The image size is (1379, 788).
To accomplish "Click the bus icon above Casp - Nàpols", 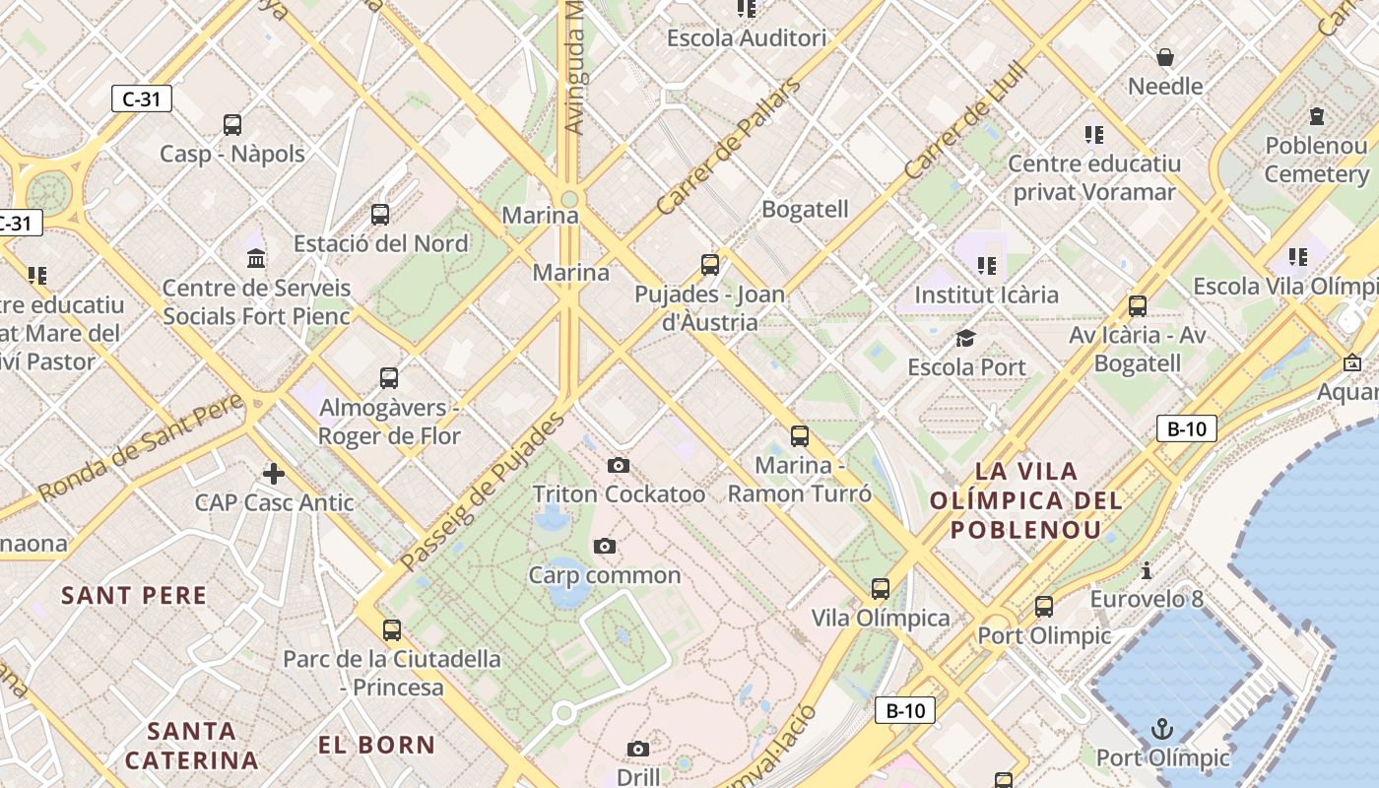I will tap(232, 125).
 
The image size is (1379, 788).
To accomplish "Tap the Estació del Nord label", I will tap(380, 243).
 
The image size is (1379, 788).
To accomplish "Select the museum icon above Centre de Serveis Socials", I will tap(256, 259).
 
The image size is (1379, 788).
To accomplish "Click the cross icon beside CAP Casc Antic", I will tap(274, 474).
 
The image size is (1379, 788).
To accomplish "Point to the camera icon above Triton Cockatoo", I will tap(619, 465).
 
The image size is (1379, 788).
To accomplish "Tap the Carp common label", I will tap(605, 574).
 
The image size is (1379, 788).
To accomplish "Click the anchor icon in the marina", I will tap(1163, 729).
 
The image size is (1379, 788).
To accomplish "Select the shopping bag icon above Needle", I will tap(1165, 57).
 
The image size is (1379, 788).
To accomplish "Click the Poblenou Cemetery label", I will tap(1317, 160).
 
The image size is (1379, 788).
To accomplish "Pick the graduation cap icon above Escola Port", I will tap(965, 339).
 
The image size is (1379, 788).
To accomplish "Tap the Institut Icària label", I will tap(986, 295).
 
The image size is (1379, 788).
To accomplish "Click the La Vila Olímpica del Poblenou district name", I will tap(1026, 500).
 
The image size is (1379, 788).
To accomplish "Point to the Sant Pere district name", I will tap(134, 595).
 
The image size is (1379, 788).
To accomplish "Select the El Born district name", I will tap(376, 745).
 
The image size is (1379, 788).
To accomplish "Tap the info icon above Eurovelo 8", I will tap(1146, 570).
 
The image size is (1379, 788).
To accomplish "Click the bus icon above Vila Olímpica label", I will tap(881, 589).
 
